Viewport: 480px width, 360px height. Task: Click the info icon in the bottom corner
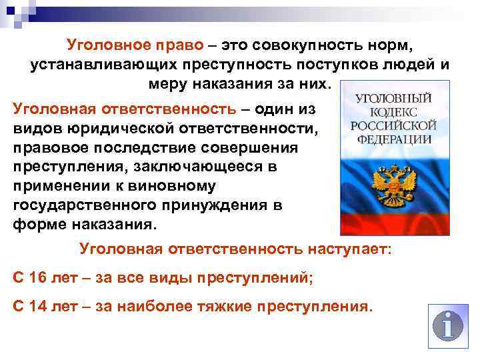click(x=447, y=326)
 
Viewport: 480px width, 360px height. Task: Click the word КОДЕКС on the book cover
click(x=393, y=111)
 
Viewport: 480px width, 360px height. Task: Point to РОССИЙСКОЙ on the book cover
click(x=393, y=126)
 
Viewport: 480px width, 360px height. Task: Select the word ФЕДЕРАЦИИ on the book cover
click(x=393, y=140)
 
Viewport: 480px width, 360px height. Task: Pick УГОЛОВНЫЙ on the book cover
click(x=393, y=98)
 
